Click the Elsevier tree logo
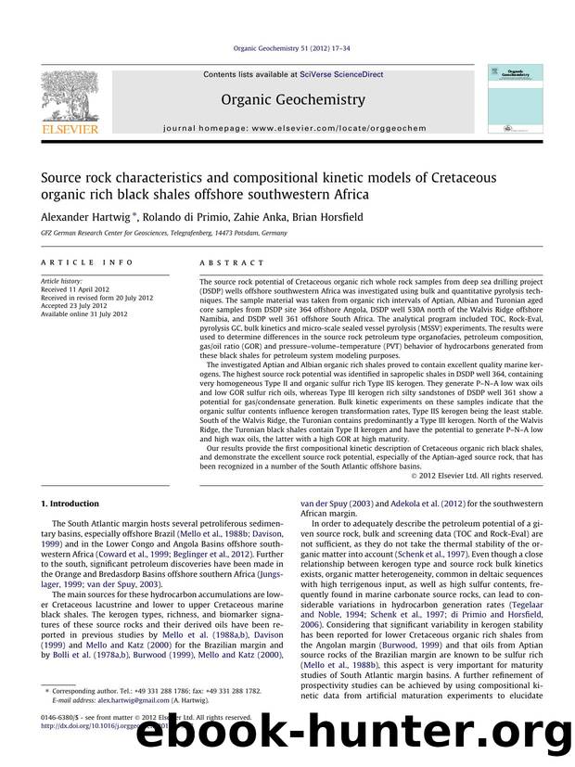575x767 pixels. [x=70, y=93]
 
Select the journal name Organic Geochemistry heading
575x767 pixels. [x=287, y=98]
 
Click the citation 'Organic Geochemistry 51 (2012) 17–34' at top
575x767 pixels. [x=287, y=52]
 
